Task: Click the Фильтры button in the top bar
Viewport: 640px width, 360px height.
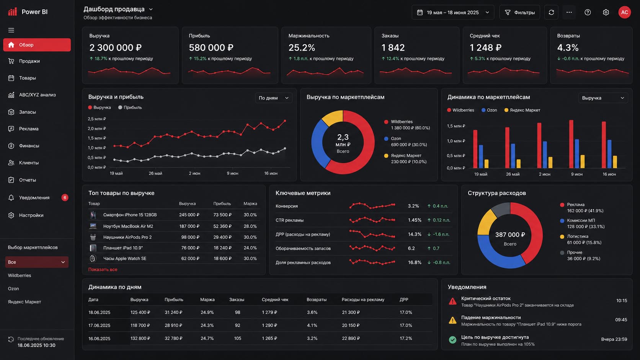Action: [x=519, y=12]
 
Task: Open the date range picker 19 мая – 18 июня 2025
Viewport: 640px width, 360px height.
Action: [x=453, y=12]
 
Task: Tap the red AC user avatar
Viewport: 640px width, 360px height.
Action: [x=624, y=12]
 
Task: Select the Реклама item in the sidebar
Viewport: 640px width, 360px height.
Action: [x=29, y=129]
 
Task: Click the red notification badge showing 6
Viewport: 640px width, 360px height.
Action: [x=65, y=197]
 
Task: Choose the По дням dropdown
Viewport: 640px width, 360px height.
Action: [x=273, y=98]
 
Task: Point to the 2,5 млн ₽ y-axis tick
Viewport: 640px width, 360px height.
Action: [x=97, y=119]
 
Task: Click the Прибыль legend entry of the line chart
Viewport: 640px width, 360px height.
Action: [x=130, y=108]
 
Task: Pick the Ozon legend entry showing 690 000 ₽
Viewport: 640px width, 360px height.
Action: [x=406, y=142]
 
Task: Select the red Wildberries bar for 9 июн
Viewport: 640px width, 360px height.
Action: [x=571, y=144]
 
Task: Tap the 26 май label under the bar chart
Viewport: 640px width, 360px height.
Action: [x=513, y=174]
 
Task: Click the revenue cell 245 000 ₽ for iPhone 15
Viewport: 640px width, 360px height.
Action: [x=189, y=215]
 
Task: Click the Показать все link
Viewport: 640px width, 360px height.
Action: [x=103, y=269]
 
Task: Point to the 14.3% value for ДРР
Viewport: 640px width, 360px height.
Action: [x=415, y=235]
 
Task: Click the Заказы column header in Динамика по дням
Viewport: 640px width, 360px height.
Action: [x=237, y=300]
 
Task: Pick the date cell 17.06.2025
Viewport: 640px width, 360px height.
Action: [x=99, y=325]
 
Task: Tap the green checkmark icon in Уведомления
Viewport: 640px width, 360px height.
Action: [x=452, y=340]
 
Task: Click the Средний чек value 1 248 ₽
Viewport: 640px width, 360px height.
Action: [x=485, y=47]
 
